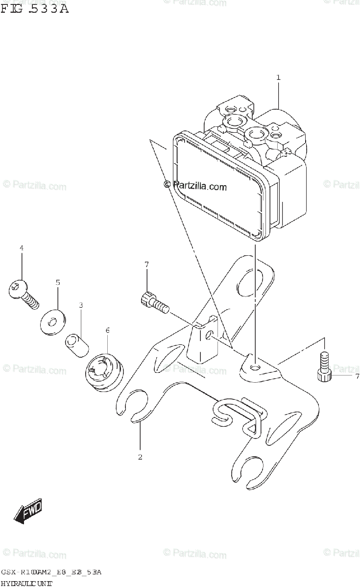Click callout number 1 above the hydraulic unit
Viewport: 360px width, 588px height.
278,77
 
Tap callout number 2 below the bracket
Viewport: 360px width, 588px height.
140,457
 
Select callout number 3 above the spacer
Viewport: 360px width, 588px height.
81,305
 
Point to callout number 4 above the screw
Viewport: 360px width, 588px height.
22,248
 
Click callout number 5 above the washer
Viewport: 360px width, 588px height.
57,282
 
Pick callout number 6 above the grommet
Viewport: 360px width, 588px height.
108,330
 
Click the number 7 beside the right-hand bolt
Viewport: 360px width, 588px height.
357,376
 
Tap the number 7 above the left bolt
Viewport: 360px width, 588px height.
146,265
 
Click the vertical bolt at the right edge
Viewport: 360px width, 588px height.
324,367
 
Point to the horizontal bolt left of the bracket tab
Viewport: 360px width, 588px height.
154,302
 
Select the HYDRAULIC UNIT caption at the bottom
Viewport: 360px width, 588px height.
26,583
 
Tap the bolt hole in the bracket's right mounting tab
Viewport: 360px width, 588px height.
253,367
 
